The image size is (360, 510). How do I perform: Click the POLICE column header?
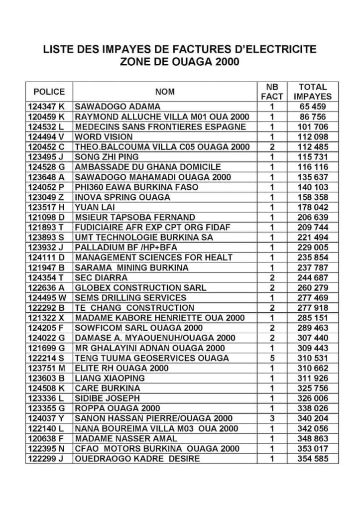point(49,92)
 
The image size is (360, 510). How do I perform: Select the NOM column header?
point(165,92)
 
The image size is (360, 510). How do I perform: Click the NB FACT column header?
point(272,92)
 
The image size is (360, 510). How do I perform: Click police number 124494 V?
point(48,136)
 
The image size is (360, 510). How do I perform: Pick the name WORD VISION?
point(104,136)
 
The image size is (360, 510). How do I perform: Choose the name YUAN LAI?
point(93,207)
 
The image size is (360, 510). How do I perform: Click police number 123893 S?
point(48,238)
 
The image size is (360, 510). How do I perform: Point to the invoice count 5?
point(272,358)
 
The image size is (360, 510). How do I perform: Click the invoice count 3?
point(272,418)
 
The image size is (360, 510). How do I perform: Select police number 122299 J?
point(48,459)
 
